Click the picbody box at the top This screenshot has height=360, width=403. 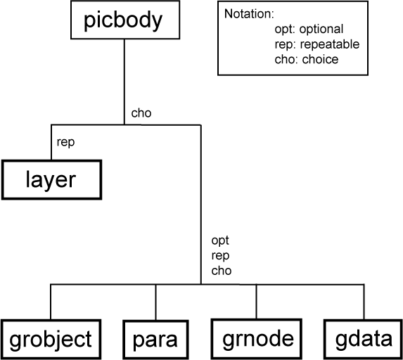point(122,20)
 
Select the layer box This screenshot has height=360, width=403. point(50,179)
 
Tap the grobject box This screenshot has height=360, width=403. point(51,340)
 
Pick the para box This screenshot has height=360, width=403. point(155,340)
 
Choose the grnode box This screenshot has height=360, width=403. point(257,340)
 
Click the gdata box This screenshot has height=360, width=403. point(363,340)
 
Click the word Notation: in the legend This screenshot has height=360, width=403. point(248,15)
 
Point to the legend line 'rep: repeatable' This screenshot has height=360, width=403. point(316,44)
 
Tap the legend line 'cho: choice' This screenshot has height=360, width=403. point(307,59)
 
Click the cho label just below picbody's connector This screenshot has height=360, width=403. point(141,112)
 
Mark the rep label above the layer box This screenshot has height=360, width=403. point(65,141)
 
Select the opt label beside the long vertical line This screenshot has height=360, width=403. point(219,240)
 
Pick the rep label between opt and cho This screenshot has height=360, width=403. point(219,255)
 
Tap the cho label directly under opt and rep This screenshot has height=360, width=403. point(221,270)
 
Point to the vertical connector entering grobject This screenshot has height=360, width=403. point(51,302)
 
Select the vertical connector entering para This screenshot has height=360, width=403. point(155,302)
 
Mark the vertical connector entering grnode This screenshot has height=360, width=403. point(257,302)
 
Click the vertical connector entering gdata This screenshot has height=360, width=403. point(364,302)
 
